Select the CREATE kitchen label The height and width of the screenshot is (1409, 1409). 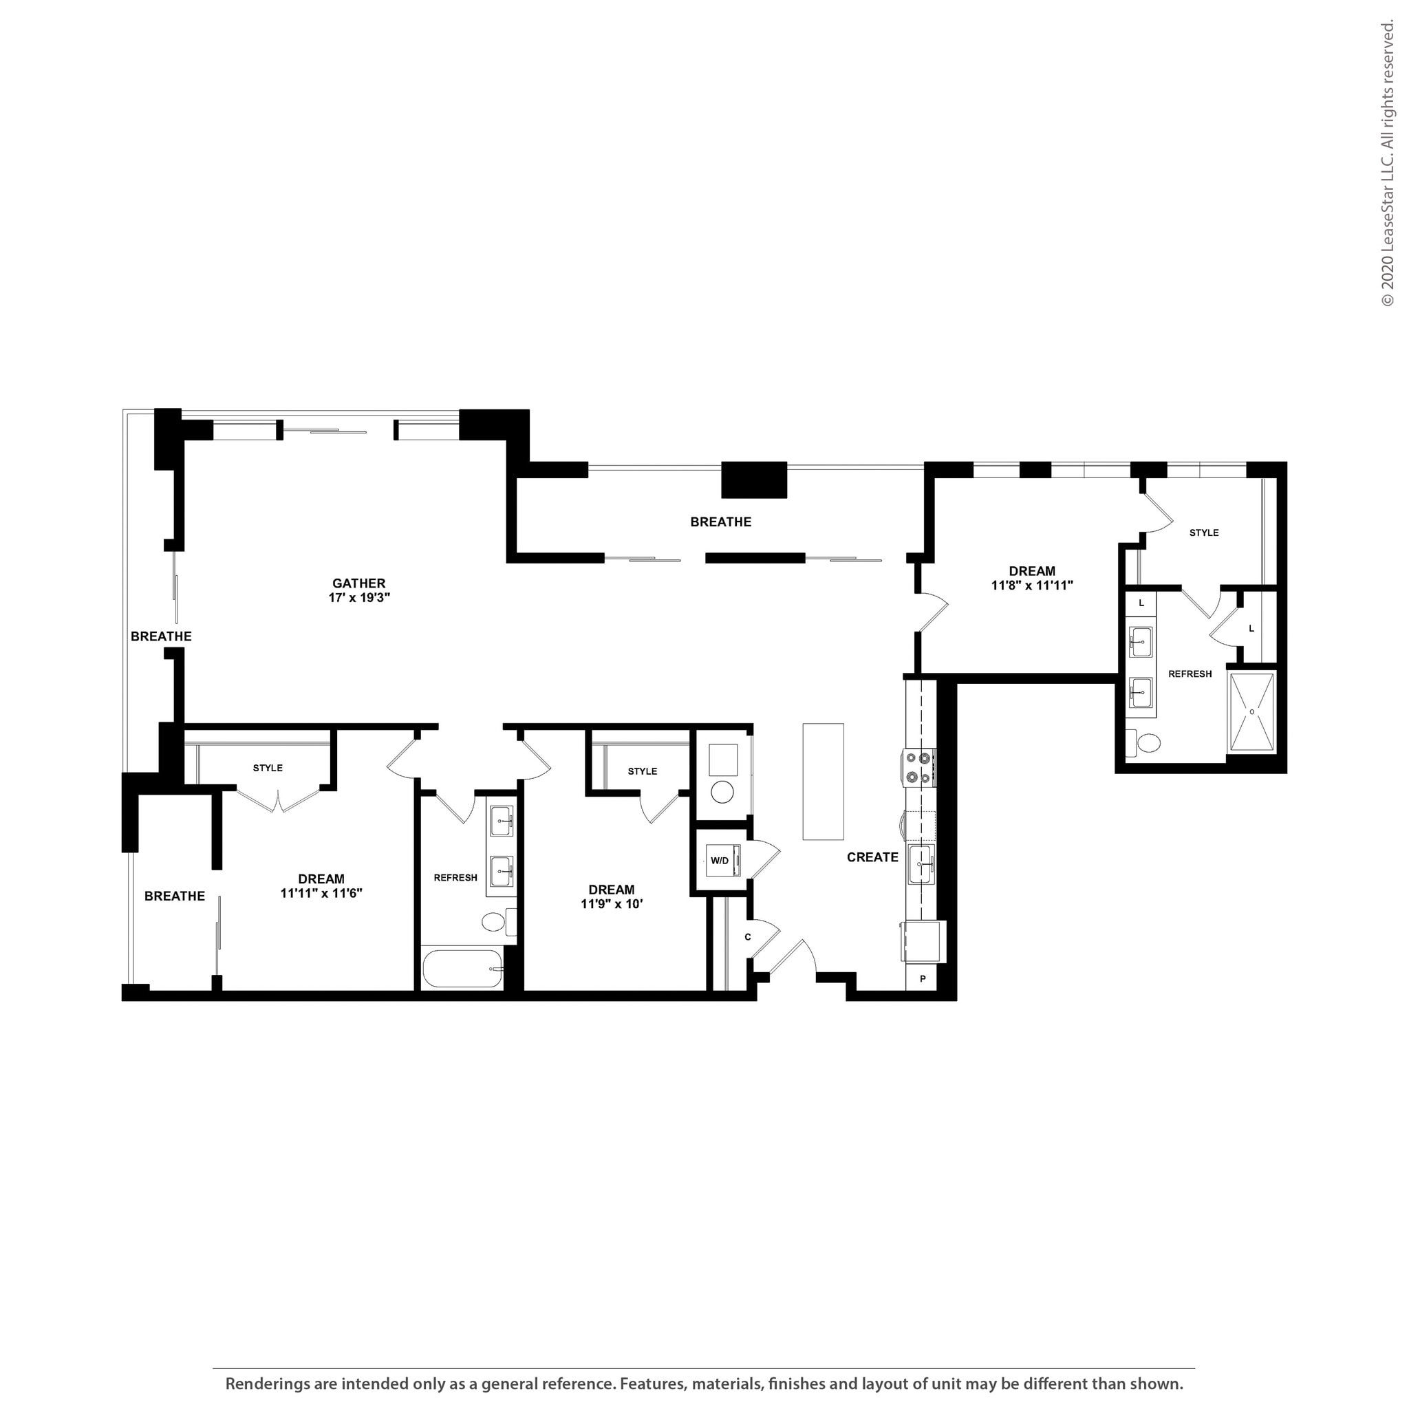point(872,857)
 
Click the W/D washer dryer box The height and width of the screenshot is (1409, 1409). point(720,861)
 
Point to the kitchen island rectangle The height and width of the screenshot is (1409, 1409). point(823,781)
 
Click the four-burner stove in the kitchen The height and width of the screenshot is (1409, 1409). point(918,768)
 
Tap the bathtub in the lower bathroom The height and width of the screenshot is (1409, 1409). point(462,969)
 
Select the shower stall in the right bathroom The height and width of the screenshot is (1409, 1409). point(1251,712)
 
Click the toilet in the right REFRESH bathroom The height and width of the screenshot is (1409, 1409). point(1146,743)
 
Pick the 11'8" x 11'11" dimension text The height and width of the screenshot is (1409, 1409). point(1031,585)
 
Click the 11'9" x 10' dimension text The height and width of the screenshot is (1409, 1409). point(611,904)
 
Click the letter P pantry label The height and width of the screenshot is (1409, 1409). point(923,979)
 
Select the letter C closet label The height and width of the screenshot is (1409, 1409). point(748,936)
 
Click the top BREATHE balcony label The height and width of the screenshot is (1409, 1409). point(720,521)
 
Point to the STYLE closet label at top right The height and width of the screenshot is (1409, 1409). point(1203,533)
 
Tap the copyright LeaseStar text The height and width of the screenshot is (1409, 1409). point(1387,164)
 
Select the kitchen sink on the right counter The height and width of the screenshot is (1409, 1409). point(921,864)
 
